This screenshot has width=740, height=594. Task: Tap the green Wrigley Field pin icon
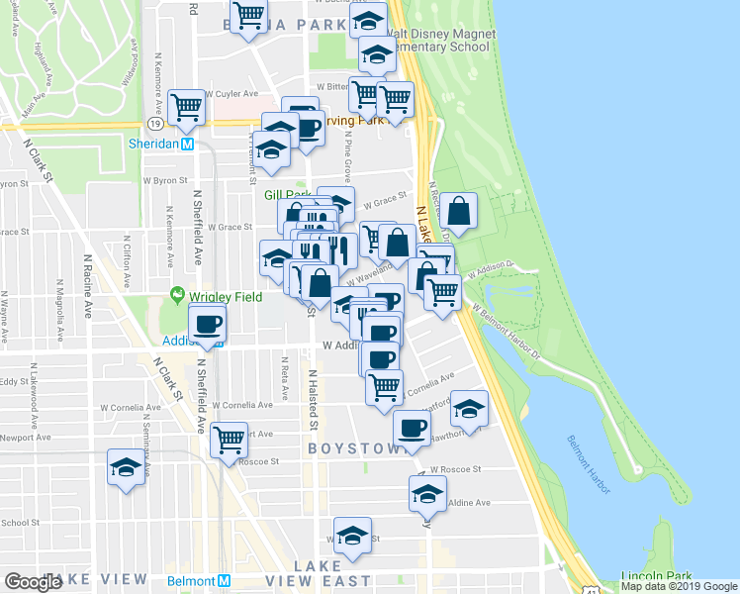tap(178, 295)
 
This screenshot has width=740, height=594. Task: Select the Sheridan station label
tap(158, 143)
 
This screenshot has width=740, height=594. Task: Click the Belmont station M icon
tap(224, 581)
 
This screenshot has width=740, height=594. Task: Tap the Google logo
tap(34, 582)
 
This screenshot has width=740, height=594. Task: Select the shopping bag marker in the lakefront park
tap(459, 211)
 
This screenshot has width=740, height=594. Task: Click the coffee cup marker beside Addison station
tap(208, 324)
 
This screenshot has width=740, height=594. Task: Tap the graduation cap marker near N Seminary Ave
tap(127, 469)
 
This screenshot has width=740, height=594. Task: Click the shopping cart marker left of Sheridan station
tap(186, 106)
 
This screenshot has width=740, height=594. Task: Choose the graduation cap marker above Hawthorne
tap(470, 408)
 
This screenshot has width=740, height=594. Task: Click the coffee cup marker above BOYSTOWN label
tap(412, 429)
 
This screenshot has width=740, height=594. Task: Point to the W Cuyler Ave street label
tap(203, 94)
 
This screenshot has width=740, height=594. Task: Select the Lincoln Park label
tap(656, 575)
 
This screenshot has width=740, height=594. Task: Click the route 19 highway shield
tap(156, 123)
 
